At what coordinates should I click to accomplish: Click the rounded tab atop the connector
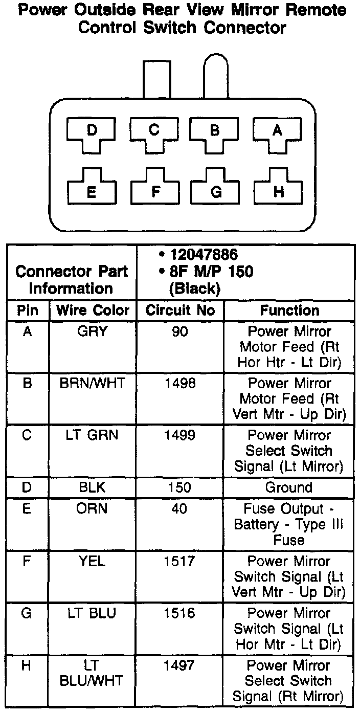(x=216, y=77)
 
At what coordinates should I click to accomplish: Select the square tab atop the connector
(x=156, y=79)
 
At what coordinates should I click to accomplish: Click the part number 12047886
(x=203, y=254)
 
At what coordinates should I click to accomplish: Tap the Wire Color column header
(x=93, y=310)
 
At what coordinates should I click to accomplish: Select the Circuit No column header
(x=180, y=310)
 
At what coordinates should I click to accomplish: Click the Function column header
(x=289, y=310)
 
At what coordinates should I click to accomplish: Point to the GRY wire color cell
(x=93, y=331)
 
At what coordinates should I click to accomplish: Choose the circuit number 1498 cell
(x=180, y=384)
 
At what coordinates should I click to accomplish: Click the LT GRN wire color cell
(x=93, y=435)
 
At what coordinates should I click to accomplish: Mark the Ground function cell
(x=289, y=487)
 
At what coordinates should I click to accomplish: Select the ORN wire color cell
(x=93, y=509)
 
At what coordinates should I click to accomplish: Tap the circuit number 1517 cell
(x=180, y=561)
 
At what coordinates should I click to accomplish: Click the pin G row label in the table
(x=28, y=613)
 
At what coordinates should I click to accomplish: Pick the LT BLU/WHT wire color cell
(x=93, y=673)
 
